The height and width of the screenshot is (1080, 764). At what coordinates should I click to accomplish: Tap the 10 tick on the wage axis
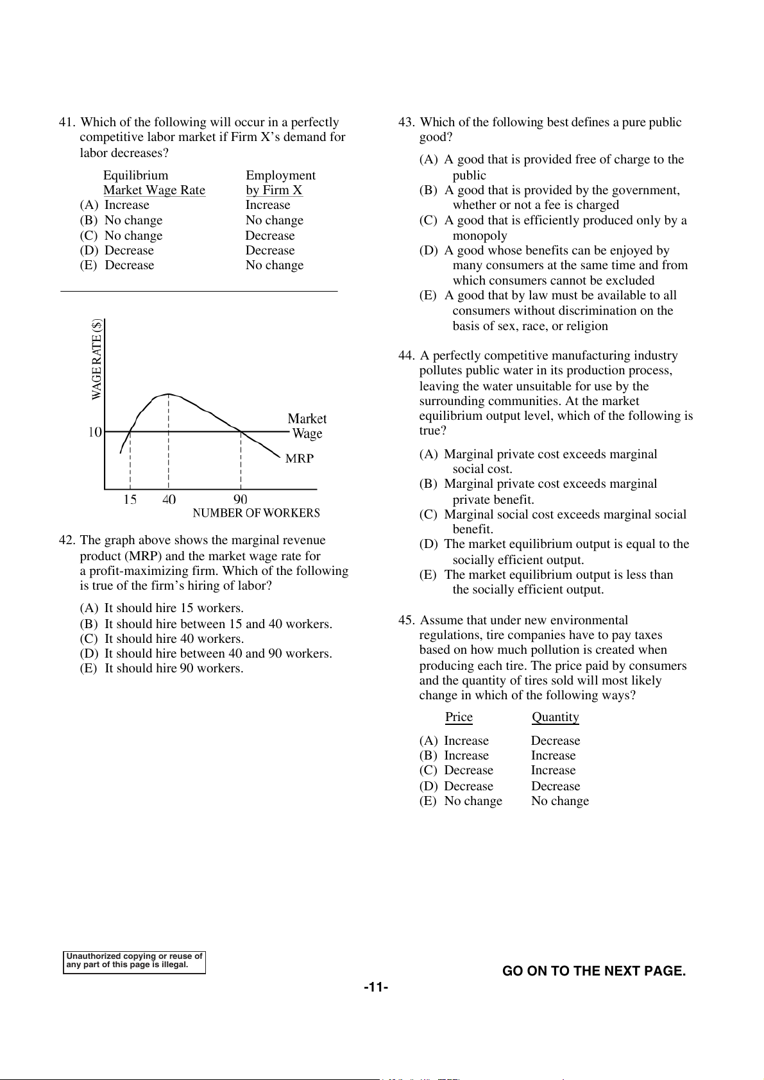(x=95, y=432)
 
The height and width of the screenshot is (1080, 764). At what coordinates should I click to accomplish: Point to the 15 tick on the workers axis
(x=130, y=500)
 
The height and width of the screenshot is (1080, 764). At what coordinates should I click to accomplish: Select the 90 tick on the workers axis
(x=241, y=500)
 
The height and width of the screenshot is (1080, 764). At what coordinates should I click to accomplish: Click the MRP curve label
(x=300, y=458)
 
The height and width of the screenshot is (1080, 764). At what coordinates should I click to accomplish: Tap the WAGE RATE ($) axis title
(x=97, y=360)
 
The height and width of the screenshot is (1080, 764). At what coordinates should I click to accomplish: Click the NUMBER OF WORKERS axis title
(x=256, y=513)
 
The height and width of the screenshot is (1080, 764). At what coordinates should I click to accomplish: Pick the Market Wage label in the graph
(x=307, y=426)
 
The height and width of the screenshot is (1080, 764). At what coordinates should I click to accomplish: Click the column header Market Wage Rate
(x=154, y=190)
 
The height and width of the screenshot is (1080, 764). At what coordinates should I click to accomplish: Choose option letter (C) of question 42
(x=89, y=639)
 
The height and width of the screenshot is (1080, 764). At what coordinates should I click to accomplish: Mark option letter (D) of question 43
(x=429, y=251)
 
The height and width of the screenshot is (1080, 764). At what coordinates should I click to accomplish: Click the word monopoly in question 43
(x=480, y=236)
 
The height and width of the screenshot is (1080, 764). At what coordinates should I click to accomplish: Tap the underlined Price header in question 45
(x=459, y=717)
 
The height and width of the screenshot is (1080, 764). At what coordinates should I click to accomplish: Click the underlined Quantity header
(x=556, y=717)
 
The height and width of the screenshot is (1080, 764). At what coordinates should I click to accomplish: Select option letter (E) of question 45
(x=428, y=801)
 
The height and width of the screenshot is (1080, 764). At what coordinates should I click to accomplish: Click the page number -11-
(x=376, y=988)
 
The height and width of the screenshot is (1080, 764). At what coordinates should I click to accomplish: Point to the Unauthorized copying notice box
(x=134, y=961)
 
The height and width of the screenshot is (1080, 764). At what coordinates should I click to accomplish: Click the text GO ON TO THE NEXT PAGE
(x=594, y=971)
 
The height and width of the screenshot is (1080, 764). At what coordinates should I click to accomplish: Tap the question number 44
(x=406, y=356)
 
